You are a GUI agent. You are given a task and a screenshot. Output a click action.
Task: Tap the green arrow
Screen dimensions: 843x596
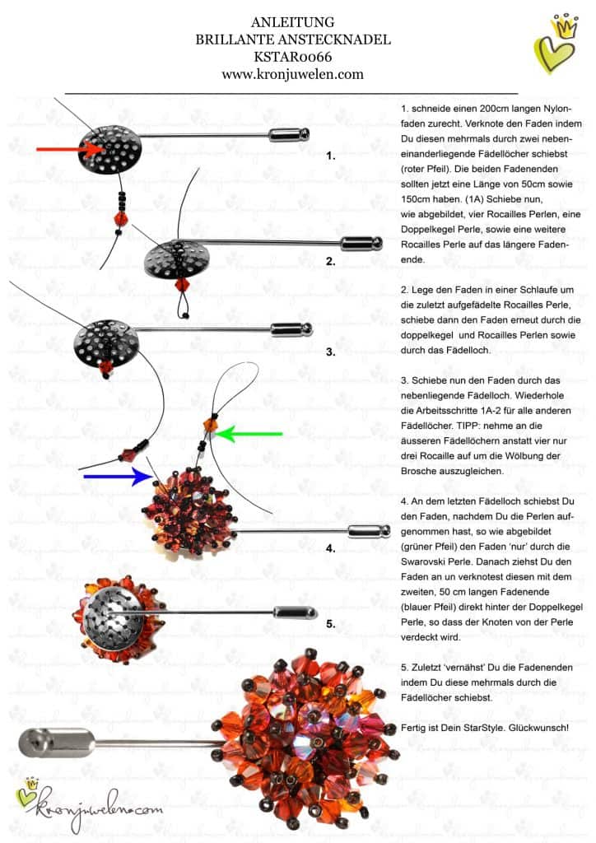(251, 433)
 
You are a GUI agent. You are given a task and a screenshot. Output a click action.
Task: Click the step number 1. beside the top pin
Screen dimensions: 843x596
(331, 154)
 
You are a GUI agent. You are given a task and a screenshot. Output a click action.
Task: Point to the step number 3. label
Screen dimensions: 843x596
(331, 352)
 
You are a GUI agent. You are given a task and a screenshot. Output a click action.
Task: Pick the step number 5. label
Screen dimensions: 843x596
(331, 623)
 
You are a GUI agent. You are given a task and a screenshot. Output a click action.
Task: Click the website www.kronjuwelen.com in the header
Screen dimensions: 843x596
(293, 74)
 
